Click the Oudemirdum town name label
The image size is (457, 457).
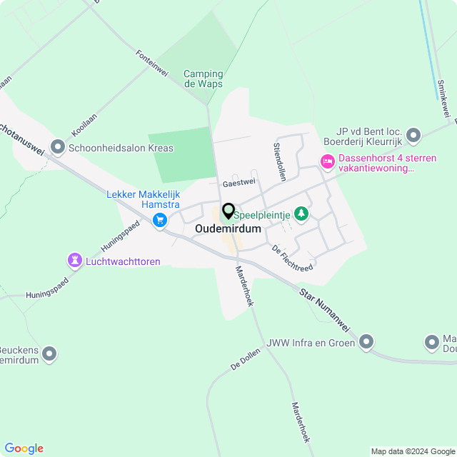(228, 228)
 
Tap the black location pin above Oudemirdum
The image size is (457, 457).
(228, 211)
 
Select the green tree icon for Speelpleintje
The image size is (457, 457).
(302, 214)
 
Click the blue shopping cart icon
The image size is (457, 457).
(161, 220)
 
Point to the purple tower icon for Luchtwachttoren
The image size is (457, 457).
(74, 261)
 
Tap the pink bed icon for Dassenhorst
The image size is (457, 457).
(328, 161)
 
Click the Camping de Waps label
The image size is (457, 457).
(204, 79)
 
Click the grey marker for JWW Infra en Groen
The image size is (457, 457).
(367, 343)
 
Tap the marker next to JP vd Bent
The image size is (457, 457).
(413, 135)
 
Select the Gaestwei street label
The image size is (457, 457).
(238, 184)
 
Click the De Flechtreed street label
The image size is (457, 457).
(292, 258)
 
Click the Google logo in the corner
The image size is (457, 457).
(24, 448)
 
